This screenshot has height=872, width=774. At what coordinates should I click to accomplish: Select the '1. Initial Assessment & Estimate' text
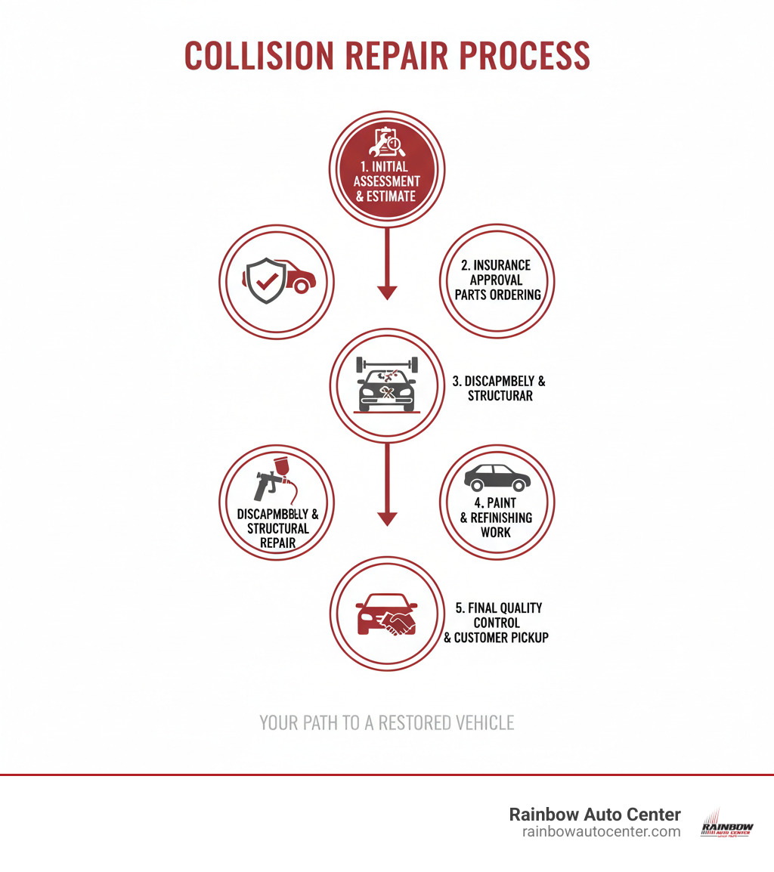point(386,181)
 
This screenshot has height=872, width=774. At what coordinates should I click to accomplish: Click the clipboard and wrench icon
point(386,141)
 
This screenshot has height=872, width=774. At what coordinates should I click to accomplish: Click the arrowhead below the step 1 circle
point(387,292)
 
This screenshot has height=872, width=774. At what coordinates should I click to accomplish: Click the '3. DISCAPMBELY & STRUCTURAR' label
point(499,388)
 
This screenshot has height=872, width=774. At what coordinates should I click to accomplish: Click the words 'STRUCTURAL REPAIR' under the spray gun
point(277,536)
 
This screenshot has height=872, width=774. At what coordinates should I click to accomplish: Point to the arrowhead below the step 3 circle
point(387,518)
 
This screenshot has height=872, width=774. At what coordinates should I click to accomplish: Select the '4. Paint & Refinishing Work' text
point(497,518)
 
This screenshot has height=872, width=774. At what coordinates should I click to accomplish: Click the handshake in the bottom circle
point(398,623)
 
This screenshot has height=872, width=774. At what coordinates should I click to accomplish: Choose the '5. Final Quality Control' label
point(498,615)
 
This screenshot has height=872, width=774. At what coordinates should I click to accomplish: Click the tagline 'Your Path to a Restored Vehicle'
point(386,723)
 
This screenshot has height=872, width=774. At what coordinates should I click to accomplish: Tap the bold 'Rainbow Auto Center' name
point(595,815)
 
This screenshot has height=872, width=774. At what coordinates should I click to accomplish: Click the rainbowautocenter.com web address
point(601,832)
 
